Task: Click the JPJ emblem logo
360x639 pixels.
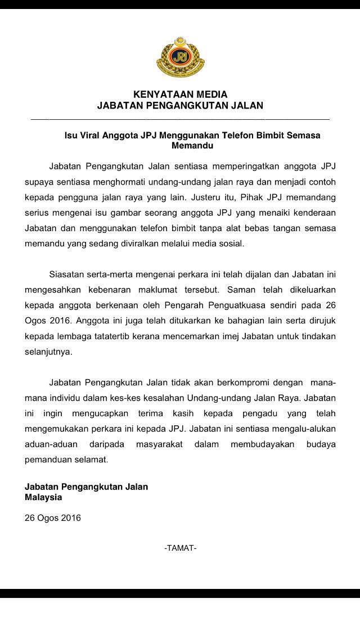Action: [x=180, y=58]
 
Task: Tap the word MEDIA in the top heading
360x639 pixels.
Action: [x=208, y=94]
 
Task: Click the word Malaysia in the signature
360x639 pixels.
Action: [x=43, y=497]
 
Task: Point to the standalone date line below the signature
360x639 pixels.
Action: [x=52, y=517]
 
